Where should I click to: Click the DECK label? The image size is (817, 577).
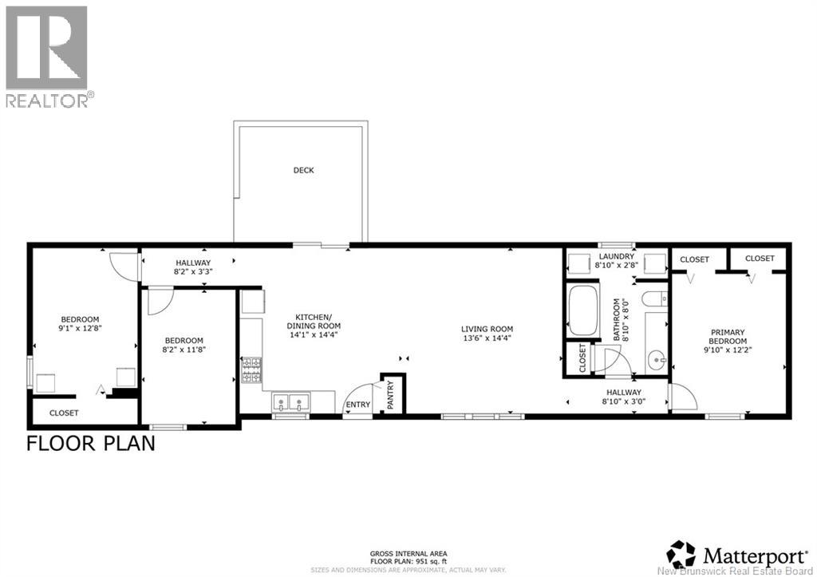303,170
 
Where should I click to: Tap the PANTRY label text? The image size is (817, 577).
390,394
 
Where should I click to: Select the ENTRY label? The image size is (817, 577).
358,405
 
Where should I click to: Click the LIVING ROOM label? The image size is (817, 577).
487,329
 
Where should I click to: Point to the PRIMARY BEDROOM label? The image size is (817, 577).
724,337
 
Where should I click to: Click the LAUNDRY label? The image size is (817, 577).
616,256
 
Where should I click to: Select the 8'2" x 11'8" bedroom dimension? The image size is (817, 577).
184,349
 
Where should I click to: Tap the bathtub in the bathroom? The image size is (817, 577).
584,310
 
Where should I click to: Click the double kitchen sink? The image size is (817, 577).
290,402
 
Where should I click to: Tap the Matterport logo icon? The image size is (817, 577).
681,553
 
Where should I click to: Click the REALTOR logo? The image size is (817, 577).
47,56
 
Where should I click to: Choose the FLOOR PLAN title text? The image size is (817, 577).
91,443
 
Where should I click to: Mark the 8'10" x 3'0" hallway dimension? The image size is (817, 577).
623,401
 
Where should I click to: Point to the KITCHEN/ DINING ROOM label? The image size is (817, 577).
314,321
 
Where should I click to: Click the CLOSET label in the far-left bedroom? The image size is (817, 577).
64,413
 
